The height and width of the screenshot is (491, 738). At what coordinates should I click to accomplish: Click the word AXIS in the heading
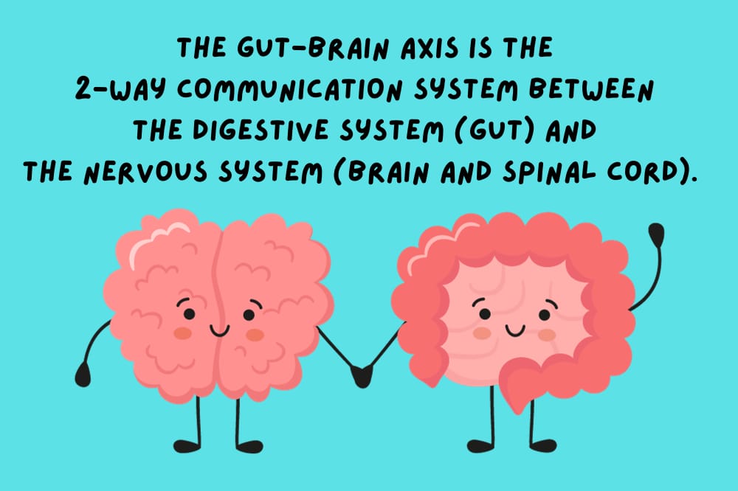429,48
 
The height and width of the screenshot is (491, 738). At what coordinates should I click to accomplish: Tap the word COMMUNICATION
290,89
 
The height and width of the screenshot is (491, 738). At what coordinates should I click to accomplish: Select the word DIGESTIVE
261,129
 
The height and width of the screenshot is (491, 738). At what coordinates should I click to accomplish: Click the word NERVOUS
145,171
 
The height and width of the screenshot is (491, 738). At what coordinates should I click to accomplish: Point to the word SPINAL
549,171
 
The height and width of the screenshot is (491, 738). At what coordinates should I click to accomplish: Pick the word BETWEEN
591,89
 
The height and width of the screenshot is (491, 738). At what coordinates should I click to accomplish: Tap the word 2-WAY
120,89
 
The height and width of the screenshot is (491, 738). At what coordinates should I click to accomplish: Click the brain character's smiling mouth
220,330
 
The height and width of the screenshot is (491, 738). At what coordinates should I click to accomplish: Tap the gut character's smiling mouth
515,330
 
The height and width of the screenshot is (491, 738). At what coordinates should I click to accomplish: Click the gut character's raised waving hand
656,234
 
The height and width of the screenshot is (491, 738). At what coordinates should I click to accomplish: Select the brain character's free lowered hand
83,375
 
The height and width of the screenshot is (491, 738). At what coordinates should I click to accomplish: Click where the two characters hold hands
362,376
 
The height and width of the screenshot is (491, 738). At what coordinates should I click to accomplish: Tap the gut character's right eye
545,314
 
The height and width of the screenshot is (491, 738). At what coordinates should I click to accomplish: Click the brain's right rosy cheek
255,335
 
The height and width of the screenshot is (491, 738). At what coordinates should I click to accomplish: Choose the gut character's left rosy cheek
482,333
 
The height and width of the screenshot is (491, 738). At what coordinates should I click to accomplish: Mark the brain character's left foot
187,446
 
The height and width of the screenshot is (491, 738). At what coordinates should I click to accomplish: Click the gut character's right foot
543,445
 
